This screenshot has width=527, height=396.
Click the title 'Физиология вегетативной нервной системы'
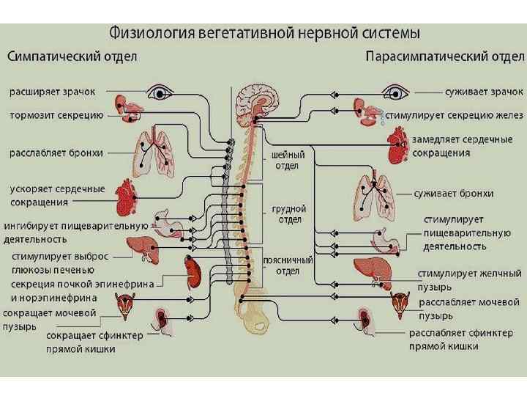click(x=264, y=33)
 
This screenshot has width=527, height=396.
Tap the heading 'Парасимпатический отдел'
click(x=444, y=56)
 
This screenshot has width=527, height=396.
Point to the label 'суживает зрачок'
click(x=484, y=92)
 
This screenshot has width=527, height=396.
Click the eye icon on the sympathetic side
click(x=159, y=92)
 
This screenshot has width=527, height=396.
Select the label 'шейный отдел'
click(x=284, y=161)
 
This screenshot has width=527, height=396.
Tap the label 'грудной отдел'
click(x=288, y=213)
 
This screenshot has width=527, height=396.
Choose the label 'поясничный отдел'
click(x=292, y=265)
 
